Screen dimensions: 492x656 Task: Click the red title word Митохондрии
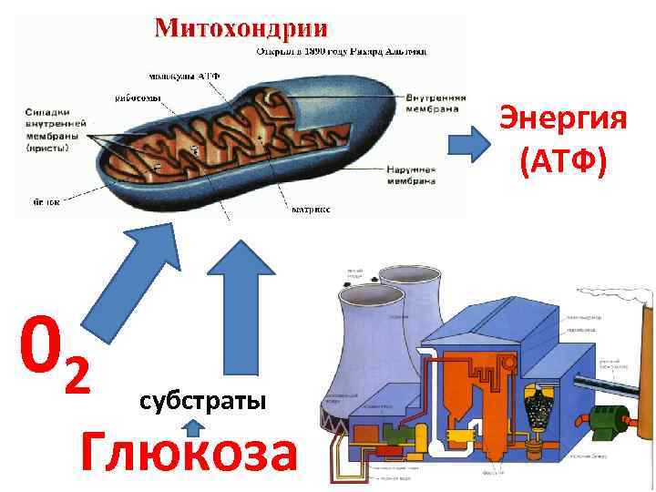pos(241,26)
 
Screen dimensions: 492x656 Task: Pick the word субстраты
pos(202,401)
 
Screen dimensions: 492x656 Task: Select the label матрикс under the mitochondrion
pos(310,210)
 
